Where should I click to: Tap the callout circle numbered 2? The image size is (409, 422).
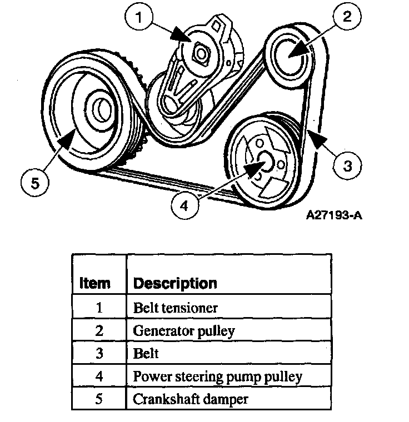click(346, 18)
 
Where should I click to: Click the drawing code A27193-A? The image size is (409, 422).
click(333, 214)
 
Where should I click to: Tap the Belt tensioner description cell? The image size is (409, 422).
click(176, 307)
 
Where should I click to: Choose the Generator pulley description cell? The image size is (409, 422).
click(184, 330)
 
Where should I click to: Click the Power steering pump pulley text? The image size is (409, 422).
click(217, 376)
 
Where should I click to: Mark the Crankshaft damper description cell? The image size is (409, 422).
click(190, 399)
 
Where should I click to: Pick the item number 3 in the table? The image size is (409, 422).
click(99, 353)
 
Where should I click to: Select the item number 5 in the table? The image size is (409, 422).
click(99, 399)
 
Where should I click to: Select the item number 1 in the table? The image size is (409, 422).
click(99, 307)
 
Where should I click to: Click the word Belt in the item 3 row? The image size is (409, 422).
click(146, 353)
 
